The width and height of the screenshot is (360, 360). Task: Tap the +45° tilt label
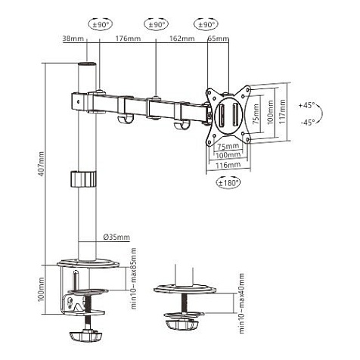(307, 105)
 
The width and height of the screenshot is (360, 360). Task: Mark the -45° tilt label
(307, 121)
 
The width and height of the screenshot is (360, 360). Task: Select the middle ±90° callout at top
(156, 24)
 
